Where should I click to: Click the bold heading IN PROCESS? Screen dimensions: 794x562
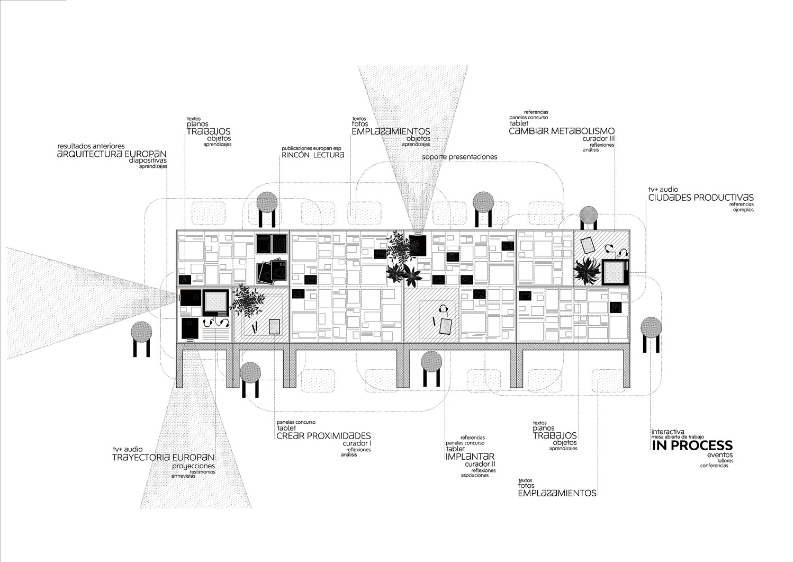pyautogui.click(x=692, y=445)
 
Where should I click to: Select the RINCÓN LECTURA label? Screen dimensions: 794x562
pyautogui.click(x=313, y=155)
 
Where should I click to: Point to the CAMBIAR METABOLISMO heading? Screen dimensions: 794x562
pyautogui.click(x=562, y=131)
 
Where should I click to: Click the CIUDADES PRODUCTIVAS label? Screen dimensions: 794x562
pyautogui.click(x=701, y=198)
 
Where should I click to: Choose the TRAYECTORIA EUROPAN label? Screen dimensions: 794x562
pyautogui.click(x=163, y=457)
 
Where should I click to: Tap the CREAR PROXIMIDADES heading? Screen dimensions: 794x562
pyautogui.click(x=323, y=436)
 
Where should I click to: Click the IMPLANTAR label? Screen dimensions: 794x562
pyautogui.click(x=470, y=457)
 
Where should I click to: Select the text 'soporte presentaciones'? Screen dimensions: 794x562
pyautogui.click(x=460, y=157)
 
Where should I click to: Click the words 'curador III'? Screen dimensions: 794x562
pyautogui.click(x=599, y=138)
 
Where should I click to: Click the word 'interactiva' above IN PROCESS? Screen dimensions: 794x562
pyautogui.click(x=668, y=432)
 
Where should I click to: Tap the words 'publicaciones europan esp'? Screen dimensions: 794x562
pyautogui.click(x=312, y=148)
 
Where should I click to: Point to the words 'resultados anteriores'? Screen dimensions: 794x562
pyautogui.click(x=91, y=145)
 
